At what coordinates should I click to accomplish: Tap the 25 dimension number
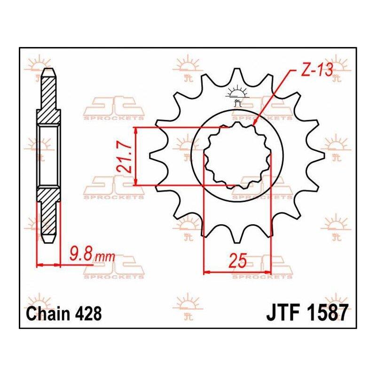tap(237, 261)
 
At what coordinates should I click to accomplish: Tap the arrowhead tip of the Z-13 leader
tap(254, 125)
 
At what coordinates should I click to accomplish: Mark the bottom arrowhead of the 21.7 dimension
tap(136, 185)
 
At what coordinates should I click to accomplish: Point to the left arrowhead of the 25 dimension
tap(204, 272)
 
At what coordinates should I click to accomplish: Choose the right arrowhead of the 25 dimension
tap(271, 272)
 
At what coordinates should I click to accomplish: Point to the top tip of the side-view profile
tap(49, 69)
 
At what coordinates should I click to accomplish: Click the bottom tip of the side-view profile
tap(49, 243)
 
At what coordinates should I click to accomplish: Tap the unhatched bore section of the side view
tap(49, 156)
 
